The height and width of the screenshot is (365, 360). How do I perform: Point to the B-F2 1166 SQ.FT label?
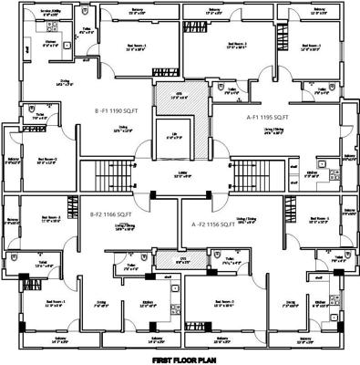tap(111, 214)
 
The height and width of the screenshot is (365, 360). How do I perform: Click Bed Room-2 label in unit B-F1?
tap(47, 160)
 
